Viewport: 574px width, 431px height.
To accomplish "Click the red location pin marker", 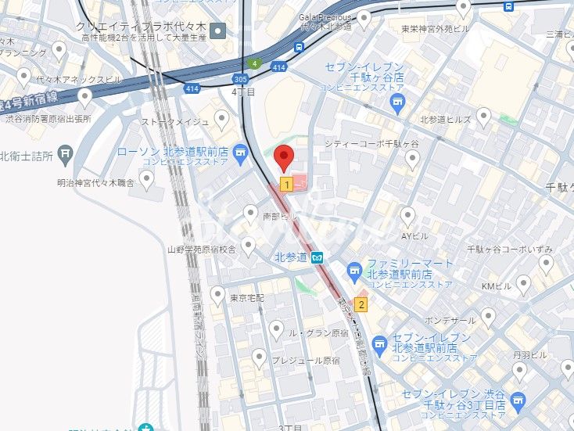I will [285, 157].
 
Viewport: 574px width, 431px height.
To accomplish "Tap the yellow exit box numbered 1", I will [287, 185].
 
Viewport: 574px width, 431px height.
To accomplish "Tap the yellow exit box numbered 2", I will [361, 303].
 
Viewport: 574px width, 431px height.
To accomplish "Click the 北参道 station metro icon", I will [317, 257].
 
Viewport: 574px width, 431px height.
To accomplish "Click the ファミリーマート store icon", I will [353, 271].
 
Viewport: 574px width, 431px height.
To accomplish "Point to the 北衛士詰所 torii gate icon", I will [66, 154].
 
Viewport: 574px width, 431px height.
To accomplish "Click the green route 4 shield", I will [254, 63].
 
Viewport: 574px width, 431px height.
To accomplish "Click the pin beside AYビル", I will [407, 216].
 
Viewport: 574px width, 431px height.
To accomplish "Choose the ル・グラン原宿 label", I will [318, 332].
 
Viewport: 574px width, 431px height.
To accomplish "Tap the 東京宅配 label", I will [248, 299].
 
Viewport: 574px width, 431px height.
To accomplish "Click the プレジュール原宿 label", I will [306, 361].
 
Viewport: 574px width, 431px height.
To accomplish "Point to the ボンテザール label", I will [450, 321].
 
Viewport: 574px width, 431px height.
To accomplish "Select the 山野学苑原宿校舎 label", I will [201, 250].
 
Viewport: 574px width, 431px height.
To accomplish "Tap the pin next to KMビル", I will [523, 285].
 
